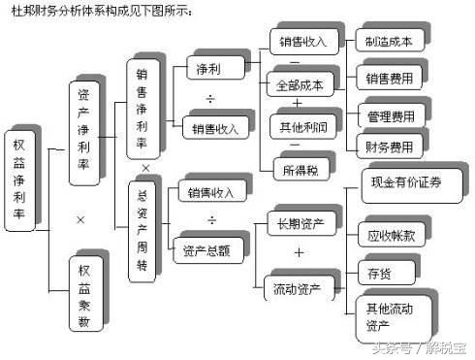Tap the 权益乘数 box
[85, 294]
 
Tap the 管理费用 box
[390, 116]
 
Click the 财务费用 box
[390, 147]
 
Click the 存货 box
[376, 271]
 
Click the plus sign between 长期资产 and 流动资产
[299, 254]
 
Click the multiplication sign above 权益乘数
[80, 220]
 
